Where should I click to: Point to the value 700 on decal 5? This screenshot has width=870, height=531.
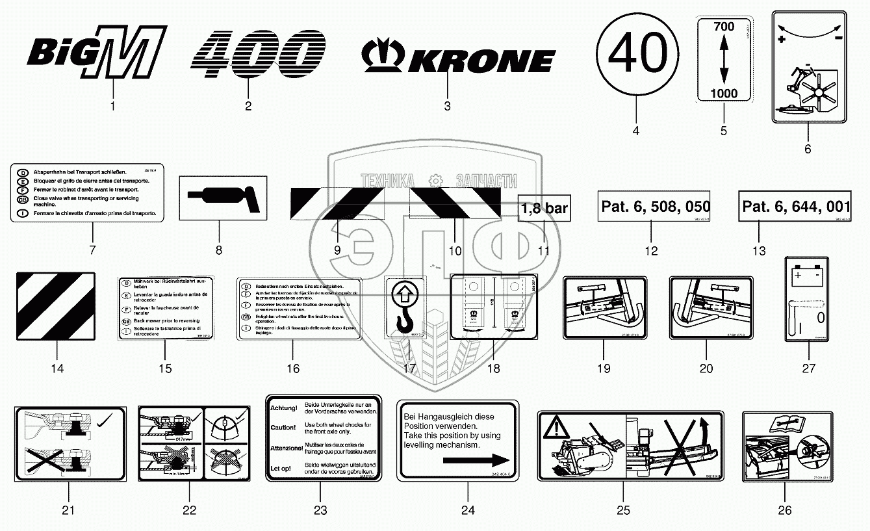click(723, 27)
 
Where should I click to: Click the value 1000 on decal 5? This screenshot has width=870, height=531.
click(723, 93)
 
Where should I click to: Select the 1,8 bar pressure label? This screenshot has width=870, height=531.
click(544, 209)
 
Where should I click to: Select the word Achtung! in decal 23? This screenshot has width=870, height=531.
click(283, 408)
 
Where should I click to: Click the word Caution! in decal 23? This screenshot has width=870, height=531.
click(283, 428)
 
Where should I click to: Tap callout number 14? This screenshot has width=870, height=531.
click(57, 369)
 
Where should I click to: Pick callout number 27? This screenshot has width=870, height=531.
click(808, 369)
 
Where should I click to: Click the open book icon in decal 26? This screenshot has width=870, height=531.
click(783, 424)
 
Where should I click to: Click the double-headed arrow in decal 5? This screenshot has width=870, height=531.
click(723, 60)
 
